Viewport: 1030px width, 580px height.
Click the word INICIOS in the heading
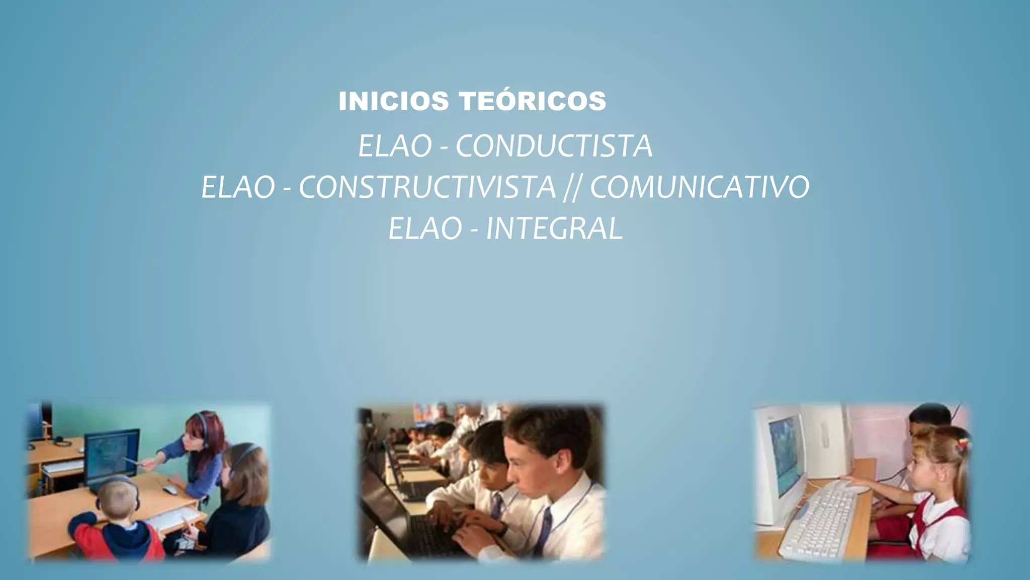[393, 101]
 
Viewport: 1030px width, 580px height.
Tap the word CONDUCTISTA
[554, 147]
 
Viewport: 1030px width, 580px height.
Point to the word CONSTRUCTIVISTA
[427, 187]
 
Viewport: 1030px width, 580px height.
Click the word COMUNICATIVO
[700, 187]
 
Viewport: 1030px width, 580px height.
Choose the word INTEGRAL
[554, 229]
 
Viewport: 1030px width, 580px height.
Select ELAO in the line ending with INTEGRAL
[425, 229]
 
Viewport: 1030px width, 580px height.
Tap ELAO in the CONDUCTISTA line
[395, 147]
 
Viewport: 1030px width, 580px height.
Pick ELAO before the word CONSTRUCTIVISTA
[238, 187]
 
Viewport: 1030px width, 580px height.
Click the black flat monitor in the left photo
[112, 453]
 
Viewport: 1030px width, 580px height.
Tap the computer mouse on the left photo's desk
[170, 489]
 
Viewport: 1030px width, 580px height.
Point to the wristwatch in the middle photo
[502, 528]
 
